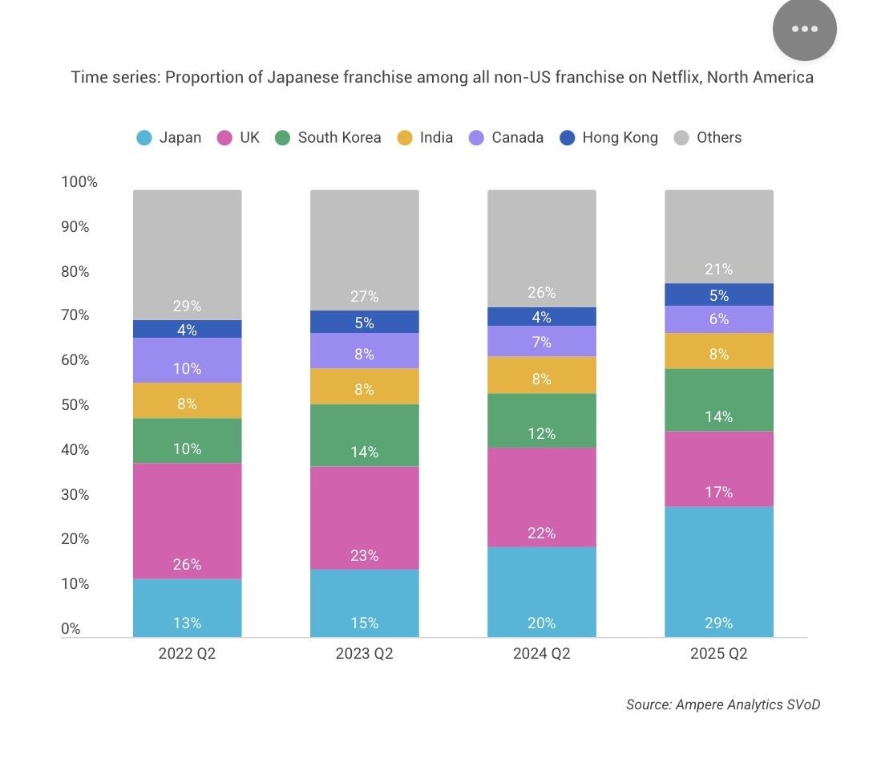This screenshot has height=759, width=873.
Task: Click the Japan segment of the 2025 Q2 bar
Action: pyautogui.click(x=718, y=571)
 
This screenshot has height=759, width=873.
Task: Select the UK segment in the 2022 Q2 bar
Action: pyautogui.click(x=187, y=521)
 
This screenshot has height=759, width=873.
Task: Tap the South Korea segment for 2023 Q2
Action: pyautogui.click(x=364, y=435)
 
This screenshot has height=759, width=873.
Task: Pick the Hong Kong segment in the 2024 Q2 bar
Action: pyautogui.click(x=541, y=316)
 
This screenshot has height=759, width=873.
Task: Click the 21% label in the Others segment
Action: pyautogui.click(x=718, y=270)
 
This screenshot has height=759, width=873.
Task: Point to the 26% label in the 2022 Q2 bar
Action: pyautogui.click(x=187, y=565)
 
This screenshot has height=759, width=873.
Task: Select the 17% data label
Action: pyautogui.click(x=718, y=492)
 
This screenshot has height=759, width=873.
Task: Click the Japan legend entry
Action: pyautogui.click(x=169, y=138)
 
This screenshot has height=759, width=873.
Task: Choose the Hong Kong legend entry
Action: pyautogui.click(x=610, y=138)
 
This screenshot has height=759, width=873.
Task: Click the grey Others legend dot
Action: pyautogui.click(x=681, y=138)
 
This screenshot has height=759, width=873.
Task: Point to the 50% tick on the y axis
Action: pyautogui.click(x=75, y=404)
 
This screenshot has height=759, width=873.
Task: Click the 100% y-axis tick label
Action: pyautogui.click(x=79, y=182)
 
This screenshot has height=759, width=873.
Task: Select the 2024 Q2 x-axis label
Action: pyautogui.click(x=541, y=654)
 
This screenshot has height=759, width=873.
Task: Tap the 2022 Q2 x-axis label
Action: pyautogui.click(x=187, y=654)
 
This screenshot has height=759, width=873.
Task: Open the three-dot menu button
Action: pyautogui.click(x=804, y=29)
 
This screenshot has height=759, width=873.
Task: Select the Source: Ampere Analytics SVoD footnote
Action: pyautogui.click(x=722, y=704)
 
